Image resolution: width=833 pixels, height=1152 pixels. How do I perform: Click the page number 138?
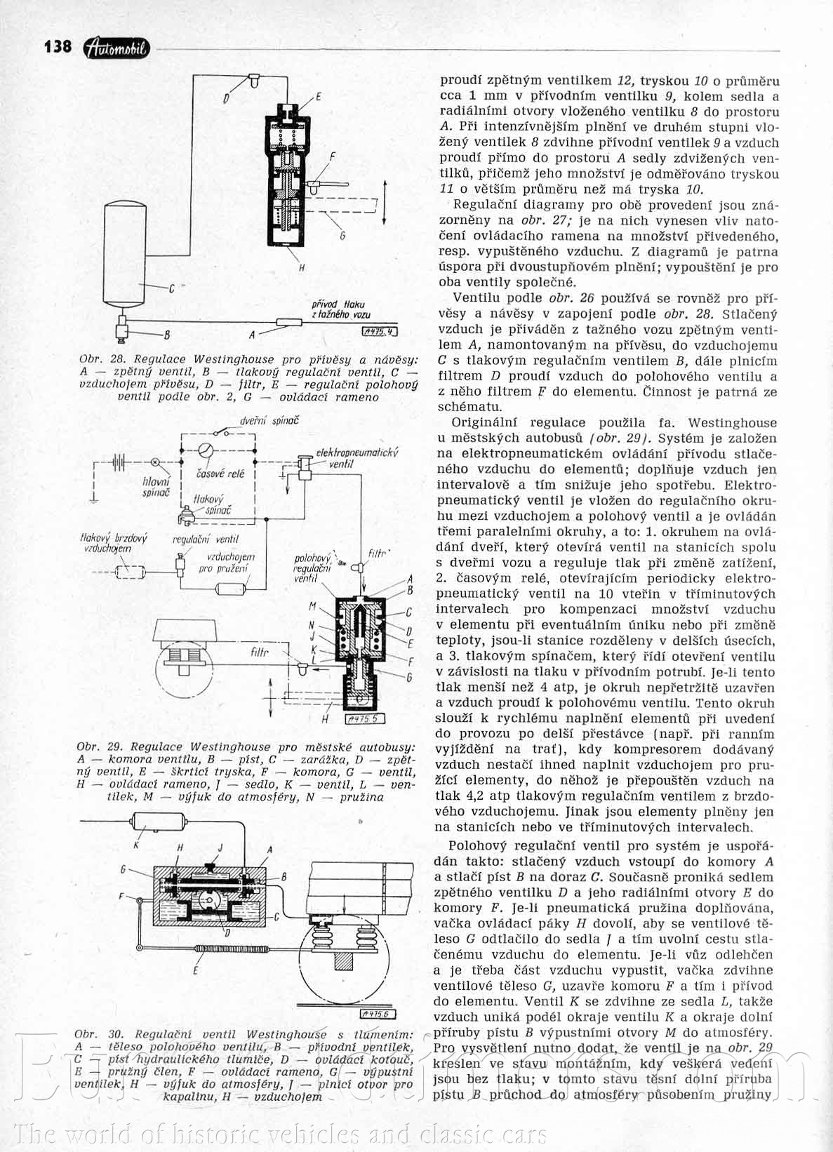pos(58,46)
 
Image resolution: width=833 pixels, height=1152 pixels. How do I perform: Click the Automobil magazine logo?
pos(116,47)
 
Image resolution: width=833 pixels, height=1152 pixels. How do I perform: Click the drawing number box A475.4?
pos(380,333)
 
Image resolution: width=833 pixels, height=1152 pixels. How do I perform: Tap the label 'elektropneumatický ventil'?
pos(356,457)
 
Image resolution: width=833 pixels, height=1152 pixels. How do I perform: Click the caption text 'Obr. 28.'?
pos(97,359)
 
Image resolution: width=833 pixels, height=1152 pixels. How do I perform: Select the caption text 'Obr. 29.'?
pos(96,746)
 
